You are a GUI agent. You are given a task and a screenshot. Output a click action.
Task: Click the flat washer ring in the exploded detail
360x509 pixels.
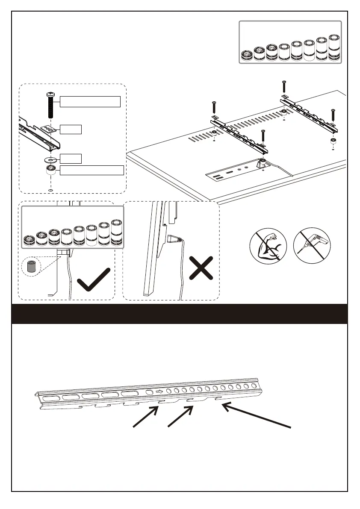pyautogui.click(x=50, y=160)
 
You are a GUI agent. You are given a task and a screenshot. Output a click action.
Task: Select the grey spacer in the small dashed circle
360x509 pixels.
pyautogui.click(x=31, y=267)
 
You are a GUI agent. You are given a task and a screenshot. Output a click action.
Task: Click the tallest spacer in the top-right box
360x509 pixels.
pyautogui.click(x=334, y=48)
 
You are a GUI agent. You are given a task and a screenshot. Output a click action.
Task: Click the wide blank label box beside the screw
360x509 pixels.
pyautogui.click(x=90, y=101)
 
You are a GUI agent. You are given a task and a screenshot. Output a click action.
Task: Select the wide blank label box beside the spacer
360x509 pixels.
pyautogui.click(x=91, y=170)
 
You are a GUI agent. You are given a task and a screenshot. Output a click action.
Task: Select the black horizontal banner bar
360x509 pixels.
pyautogui.click(x=180, y=314)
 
